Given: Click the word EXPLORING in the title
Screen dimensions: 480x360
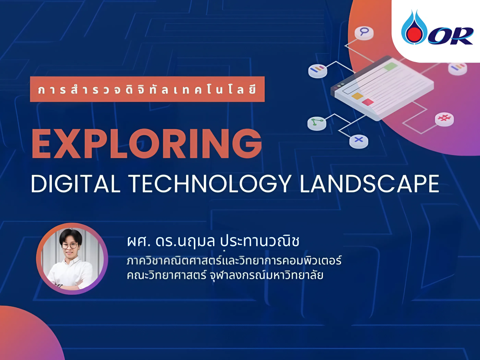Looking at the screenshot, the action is [x=147, y=143].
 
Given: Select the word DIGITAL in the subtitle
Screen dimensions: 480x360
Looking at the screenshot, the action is [x=76, y=184].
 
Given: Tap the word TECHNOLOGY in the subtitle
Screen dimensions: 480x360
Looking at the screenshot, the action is [x=210, y=184].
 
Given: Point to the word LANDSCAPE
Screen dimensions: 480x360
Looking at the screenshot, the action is [x=370, y=184].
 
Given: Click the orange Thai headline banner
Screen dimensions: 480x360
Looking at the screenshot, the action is [x=147, y=89].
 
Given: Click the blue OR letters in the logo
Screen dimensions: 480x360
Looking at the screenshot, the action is [x=451, y=36].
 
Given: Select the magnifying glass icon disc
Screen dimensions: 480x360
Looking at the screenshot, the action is [x=364, y=33].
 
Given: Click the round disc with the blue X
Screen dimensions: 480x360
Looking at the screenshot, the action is [x=358, y=141].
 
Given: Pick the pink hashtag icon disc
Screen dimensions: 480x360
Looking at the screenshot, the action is [x=444, y=119].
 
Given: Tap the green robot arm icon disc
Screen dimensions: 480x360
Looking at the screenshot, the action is [x=317, y=123].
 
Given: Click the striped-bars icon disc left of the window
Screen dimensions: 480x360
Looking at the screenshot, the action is [x=317, y=70].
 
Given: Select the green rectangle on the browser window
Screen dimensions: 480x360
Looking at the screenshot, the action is [x=391, y=66].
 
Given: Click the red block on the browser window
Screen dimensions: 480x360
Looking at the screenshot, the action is [x=368, y=102].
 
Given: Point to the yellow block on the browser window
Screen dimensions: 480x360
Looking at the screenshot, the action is [x=357, y=96].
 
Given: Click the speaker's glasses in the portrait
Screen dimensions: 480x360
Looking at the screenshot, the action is [x=70, y=246].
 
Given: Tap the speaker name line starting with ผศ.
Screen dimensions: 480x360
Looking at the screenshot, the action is [x=213, y=241].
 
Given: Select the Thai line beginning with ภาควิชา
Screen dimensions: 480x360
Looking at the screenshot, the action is [x=234, y=260].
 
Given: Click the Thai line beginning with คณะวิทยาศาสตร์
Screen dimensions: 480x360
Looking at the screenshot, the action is [x=225, y=275].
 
